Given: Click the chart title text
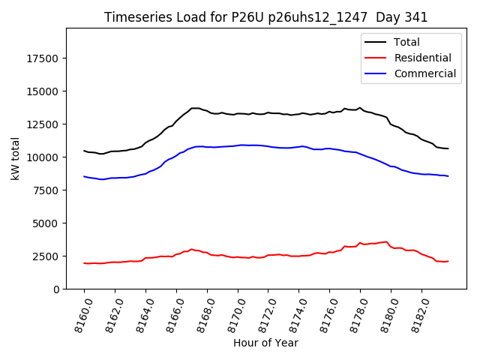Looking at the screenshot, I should pyautogui.click(x=265, y=17).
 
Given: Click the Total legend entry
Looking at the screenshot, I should pyautogui.click(x=406, y=42).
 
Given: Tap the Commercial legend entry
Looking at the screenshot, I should pyautogui.click(x=424, y=73).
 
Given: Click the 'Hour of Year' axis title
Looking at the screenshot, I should pyautogui.click(x=265, y=343).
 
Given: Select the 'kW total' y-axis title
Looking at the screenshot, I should pyautogui.click(x=16, y=159).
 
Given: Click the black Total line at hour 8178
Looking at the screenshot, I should pyautogui.click(x=360, y=108).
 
